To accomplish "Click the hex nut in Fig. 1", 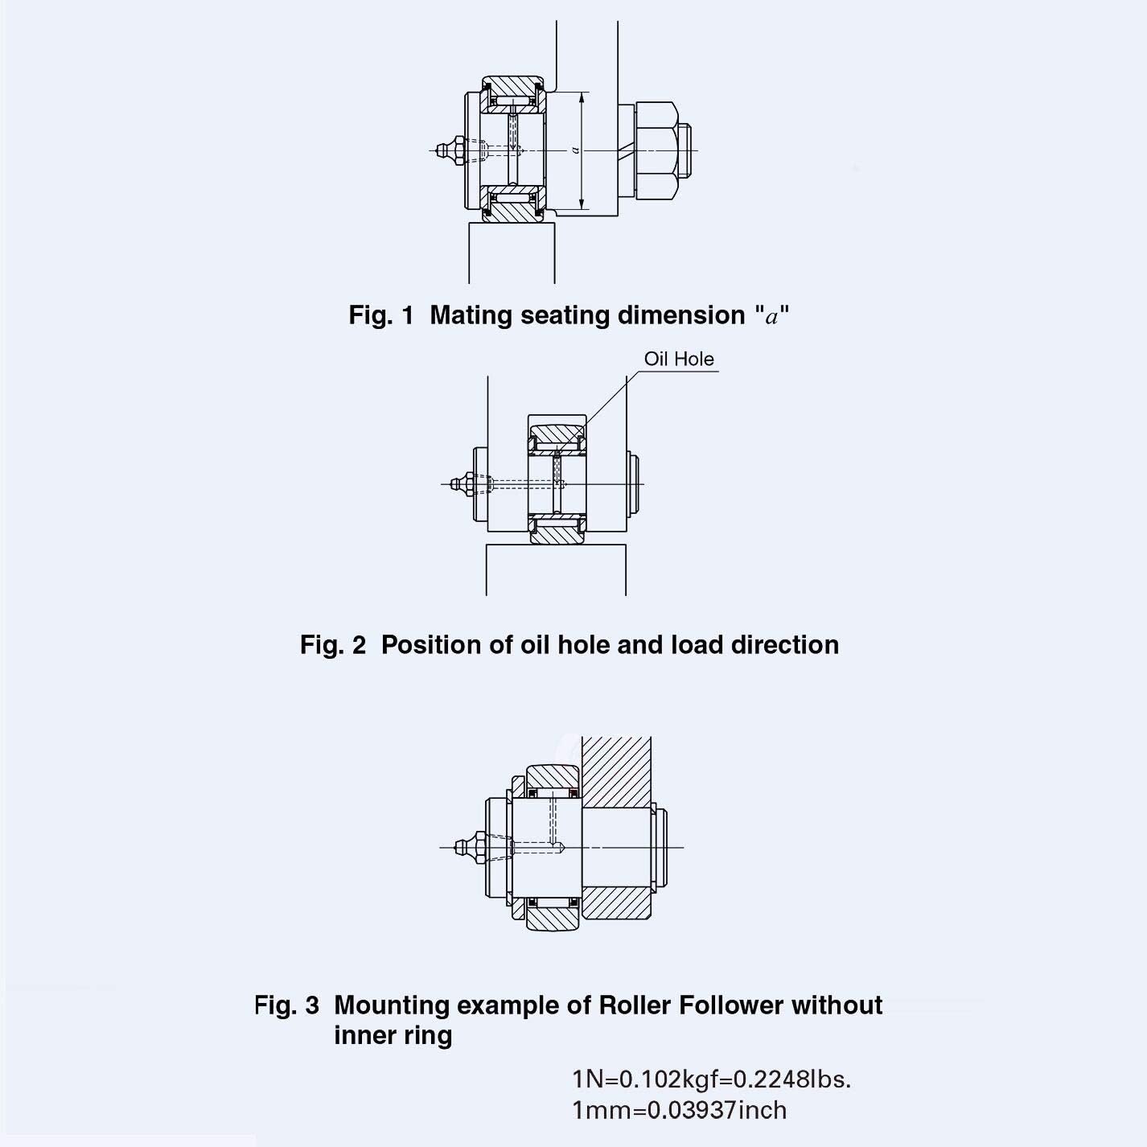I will click(656, 150).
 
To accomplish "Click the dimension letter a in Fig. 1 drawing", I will click(575, 150).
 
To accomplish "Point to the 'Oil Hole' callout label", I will click(678, 359).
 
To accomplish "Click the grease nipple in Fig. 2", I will click(462, 484).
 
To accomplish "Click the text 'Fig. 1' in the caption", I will click(380, 315).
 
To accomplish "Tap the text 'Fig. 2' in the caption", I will click(332, 645).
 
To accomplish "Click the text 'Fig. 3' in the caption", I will click(286, 1005).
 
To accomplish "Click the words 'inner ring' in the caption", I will click(393, 1035).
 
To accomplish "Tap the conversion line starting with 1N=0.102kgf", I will click(711, 1079).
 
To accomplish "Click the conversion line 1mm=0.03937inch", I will click(679, 1111).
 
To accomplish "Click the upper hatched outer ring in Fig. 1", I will click(513, 85).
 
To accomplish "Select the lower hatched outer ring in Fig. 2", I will click(557, 535).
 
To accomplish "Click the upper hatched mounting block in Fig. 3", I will click(616, 771).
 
